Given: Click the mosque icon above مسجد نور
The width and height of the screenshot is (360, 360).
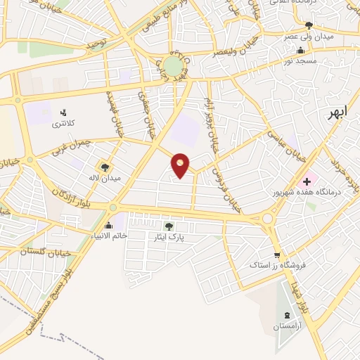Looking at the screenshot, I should [301, 50].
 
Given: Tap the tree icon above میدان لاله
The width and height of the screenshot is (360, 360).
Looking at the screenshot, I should [105, 167].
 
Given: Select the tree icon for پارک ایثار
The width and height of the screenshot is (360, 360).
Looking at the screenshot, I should [168, 226].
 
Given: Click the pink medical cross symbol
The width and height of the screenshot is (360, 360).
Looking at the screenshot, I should [306, 181].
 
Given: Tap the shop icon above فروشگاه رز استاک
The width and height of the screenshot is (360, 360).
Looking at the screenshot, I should [277, 255].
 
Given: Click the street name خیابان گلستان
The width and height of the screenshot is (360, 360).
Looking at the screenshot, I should [26, 250].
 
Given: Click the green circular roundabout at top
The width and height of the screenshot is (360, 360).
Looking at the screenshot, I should [173, 67].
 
